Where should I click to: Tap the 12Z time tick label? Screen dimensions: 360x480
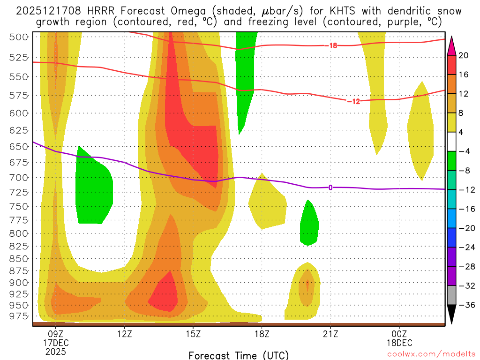pos(124,334)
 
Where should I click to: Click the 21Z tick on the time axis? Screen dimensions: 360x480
pos(330,334)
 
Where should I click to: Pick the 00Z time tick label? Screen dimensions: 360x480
pos(399,334)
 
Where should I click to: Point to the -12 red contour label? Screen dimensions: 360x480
pos(353,101)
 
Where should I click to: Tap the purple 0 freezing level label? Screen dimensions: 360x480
pos(330,187)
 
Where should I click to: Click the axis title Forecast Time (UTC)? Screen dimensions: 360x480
pos(239,355)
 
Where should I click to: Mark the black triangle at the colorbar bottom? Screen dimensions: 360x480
pos(452,315)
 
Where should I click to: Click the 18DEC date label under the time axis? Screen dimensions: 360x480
pos(399,343)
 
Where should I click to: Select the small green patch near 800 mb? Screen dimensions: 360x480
pos(309,223)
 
